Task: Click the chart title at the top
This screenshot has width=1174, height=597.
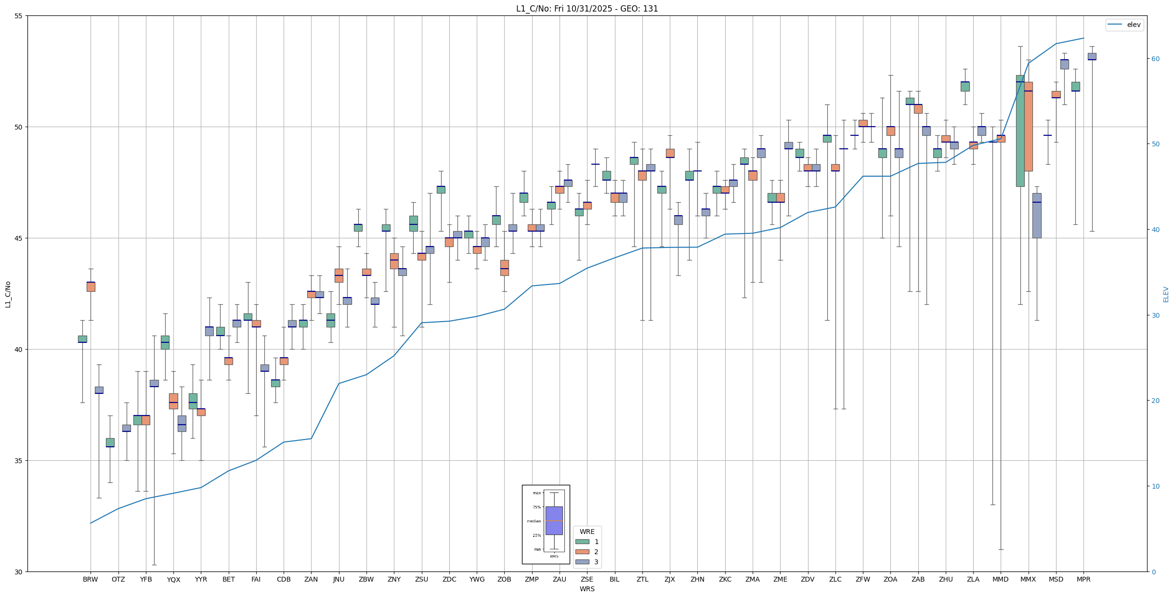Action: (587, 9)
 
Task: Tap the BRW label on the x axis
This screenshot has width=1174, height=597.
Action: (90, 579)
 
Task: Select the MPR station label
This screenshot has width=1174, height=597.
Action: (1083, 579)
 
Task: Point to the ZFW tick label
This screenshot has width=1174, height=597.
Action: (863, 579)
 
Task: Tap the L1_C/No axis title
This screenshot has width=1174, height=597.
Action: (8, 294)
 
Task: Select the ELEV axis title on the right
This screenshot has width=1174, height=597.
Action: (1166, 294)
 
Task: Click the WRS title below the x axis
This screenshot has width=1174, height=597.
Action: (587, 589)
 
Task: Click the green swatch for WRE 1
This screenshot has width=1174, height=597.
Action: (582, 542)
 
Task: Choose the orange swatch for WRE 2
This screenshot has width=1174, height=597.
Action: (582, 552)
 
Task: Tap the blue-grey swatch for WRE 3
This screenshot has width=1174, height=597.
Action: (582, 562)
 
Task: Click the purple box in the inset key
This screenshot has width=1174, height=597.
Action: (554, 520)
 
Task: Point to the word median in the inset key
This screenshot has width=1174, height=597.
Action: (534, 521)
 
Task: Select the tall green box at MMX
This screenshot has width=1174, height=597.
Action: (1020, 130)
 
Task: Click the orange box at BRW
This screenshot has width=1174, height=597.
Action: (91, 287)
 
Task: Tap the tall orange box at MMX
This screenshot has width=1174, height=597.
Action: (1029, 126)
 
